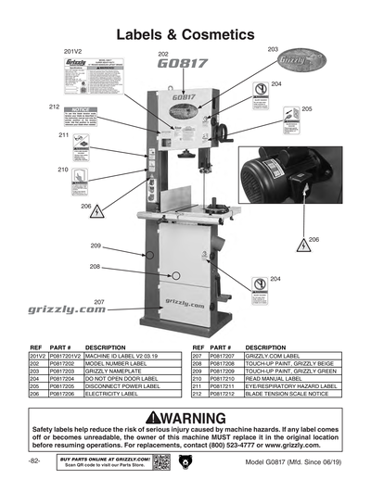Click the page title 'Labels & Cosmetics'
[185, 34]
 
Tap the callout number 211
[64, 136]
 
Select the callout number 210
[63, 170]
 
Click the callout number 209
[95, 246]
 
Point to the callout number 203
[273, 48]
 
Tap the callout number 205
[307, 108]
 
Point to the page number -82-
[34, 460]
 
